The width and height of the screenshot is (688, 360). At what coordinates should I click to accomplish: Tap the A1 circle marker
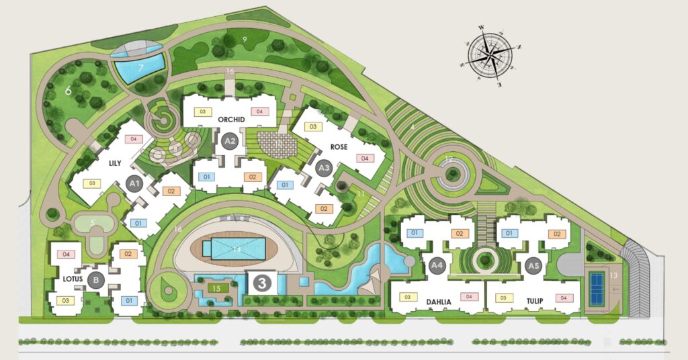pyautogui.click(x=134, y=183)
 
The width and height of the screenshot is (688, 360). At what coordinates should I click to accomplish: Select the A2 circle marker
pyautogui.click(x=230, y=140)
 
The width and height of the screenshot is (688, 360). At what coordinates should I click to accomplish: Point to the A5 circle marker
pyautogui.click(x=533, y=265)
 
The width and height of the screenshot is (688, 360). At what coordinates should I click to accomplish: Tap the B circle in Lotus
pyautogui.click(x=97, y=281)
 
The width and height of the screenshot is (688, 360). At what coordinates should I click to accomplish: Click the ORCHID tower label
pyautogui.click(x=231, y=119)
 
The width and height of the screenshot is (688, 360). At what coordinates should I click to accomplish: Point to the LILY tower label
pyautogui.click(x=110, y=163)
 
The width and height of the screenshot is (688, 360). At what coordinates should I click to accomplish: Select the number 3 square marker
pyautogui.click(x=261, y=283)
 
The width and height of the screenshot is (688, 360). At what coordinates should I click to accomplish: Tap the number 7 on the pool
pyautogui.click(x=141, y=67)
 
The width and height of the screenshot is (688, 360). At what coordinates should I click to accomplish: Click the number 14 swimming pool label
pyautogui.click(x=236, y=250)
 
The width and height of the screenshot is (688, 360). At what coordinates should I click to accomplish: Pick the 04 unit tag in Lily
pyautogui.click(x=133, y=139)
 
